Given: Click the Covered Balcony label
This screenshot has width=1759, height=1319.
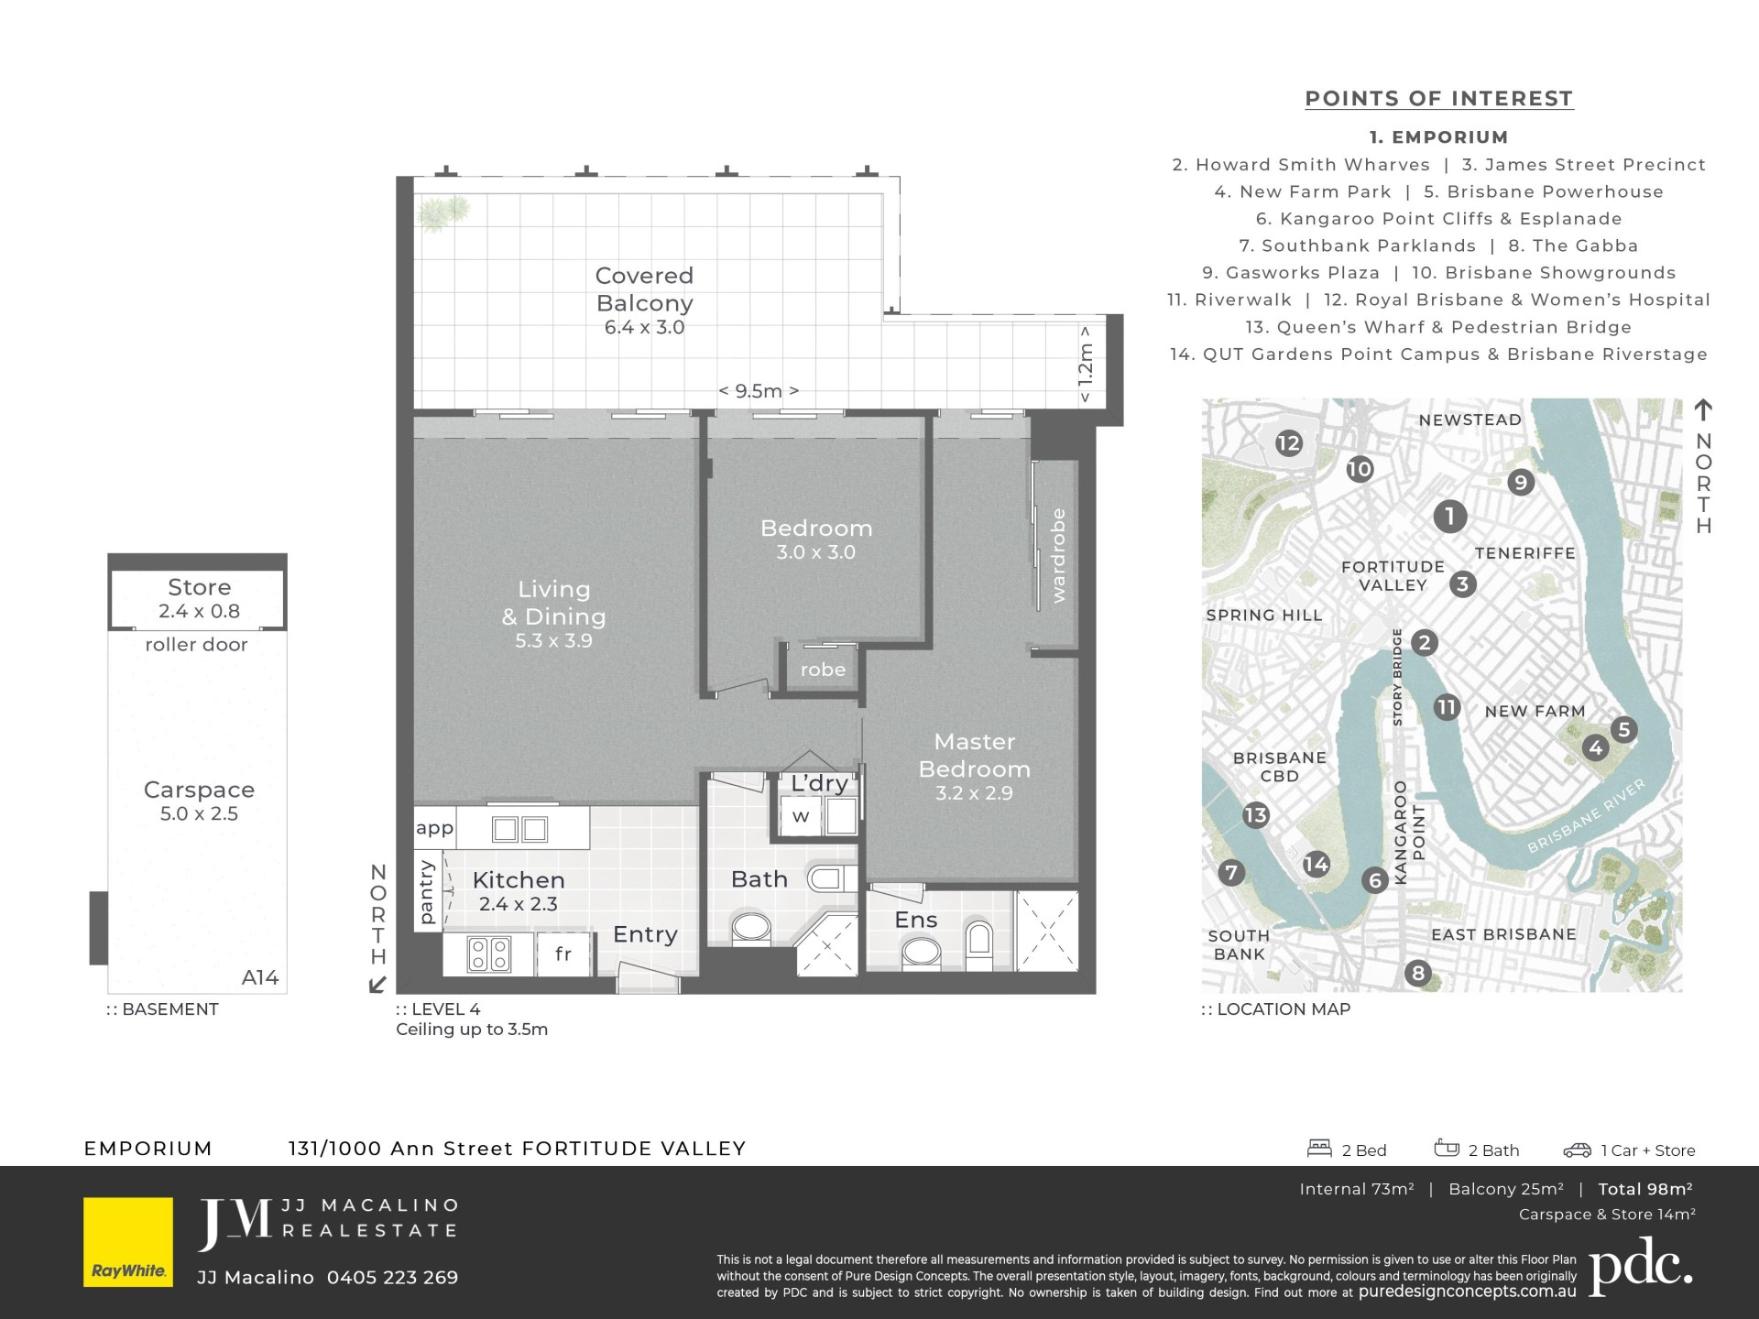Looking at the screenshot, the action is click(644, 300).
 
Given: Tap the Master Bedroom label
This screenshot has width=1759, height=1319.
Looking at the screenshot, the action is click(974, 767).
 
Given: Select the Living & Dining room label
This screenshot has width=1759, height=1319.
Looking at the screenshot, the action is click(553, 614).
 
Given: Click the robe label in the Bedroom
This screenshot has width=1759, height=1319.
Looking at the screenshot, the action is click(823, 670).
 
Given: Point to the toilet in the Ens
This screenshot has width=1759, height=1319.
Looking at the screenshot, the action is click(979, 943).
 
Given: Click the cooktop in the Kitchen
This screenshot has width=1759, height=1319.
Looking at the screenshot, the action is click(489, 954).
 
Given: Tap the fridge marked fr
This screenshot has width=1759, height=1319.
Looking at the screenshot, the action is click(563, 954).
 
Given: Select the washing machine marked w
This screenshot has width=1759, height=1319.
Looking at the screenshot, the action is click(801, 816).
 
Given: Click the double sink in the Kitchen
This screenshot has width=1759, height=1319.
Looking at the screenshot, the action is click(519, 829).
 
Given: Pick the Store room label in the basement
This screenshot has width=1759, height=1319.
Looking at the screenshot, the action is click(199, 598).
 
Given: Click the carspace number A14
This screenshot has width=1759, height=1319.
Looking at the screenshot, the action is click(260, 977).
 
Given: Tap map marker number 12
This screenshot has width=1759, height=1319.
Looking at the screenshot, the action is click(1288, 443).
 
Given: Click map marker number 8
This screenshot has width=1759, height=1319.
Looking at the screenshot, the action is click(1418, 973).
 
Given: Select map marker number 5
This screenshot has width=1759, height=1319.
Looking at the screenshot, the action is click(1624, 729).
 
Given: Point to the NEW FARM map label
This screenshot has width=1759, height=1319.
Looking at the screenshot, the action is click(1535, 711).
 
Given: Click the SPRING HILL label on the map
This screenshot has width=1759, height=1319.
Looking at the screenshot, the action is click(1264, 616).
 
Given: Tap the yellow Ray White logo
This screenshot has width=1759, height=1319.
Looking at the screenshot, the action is click(128, 1242).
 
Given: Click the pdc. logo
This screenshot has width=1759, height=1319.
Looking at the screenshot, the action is click(1640, 1267).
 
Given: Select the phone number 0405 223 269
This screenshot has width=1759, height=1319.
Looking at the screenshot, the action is click(392, 1277).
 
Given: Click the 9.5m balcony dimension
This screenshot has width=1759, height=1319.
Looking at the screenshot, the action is click(759, 391).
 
